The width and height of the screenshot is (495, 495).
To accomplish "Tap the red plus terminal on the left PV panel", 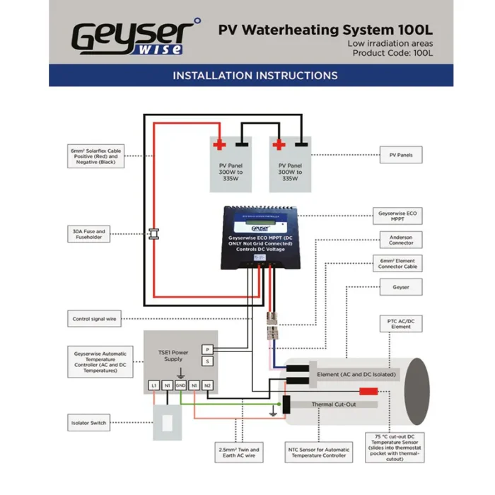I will click(219, 145).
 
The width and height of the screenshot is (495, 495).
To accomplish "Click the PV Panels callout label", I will click(401, 154).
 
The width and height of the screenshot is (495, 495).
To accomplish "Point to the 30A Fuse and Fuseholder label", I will click(88, 233).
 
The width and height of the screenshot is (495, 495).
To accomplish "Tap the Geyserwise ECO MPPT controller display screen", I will click(256, 227).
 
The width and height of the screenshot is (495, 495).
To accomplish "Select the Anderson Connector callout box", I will click(401, 239).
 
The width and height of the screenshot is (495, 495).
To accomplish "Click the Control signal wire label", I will click(94, 319).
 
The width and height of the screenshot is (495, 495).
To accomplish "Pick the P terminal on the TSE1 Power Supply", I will click(207, 349).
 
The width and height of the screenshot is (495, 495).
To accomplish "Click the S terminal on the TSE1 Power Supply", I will click(207, 362).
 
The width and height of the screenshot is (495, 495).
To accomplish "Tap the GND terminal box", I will click(180, 385).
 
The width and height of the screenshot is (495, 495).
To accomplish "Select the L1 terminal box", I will click(153, 385).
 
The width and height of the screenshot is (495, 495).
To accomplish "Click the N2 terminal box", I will click(207, 385).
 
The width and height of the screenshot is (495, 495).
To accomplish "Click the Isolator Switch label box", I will click(89, 423).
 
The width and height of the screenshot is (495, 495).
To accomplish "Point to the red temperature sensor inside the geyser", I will click(368, 391).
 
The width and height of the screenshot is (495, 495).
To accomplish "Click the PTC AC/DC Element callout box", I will click(401, 324).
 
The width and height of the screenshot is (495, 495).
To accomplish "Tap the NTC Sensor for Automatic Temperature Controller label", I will click(318, 453).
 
